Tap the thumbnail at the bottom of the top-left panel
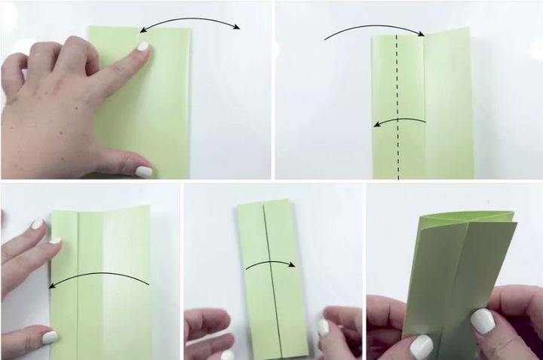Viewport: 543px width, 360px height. pyautogui.click(x=143, y=171)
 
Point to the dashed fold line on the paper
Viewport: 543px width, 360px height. pyautogui.click(x=397, y=106)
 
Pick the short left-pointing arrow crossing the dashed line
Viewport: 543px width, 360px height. pyautogui.click(x=400, y=121)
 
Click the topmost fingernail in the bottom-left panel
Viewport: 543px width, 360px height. pyautogui.click(x=38, y=223)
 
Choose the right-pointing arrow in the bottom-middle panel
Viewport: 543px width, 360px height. pyautogui.click(x=270, y=265)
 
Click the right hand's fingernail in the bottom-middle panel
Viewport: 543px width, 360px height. pyautogui.click(x=324, y=327)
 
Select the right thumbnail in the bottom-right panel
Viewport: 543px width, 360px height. pyautogui.click(x=482, y=321)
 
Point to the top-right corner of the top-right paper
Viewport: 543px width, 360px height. pyautogui.click(x=468, y=29)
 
